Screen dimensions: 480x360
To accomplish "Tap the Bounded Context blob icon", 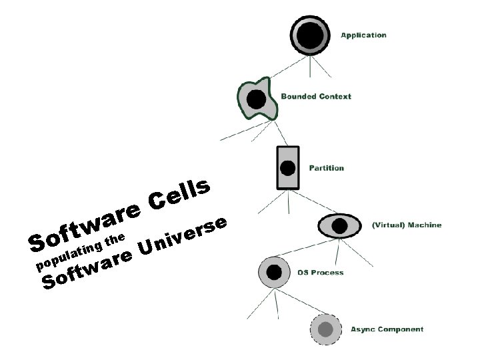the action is click(x=255, y=100).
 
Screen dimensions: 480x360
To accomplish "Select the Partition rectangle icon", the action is click(x=287, y=167).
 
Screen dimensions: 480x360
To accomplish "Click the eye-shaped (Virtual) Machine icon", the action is click(x=339, y=225).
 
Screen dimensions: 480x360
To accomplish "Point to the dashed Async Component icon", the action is click(x=325, y=329).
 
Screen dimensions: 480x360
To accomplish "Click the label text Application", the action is click(x=363, y=35).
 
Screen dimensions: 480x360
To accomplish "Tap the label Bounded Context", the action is click(x=315, y=97).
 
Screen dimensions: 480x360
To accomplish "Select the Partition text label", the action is click(x=326, y=168).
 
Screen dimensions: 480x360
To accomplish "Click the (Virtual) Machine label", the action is click(x=406, y=225).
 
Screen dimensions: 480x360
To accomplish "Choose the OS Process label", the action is click(x=321, y=273).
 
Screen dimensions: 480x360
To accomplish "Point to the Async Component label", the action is click(x=387, y=329).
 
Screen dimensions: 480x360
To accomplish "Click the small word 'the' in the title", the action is click(x=115, y=239).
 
